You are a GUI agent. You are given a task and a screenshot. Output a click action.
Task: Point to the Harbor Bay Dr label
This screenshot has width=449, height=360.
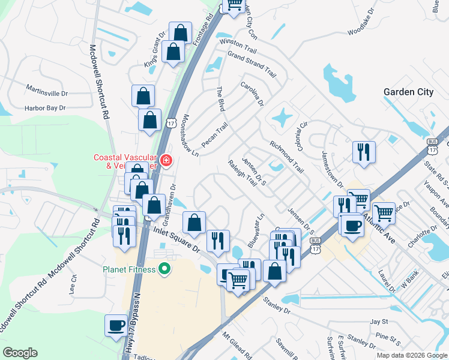pyautogui.click(x=44, y=109)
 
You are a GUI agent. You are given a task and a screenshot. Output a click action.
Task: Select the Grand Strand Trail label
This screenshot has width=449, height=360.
pyautogui.click(x=252, y=65)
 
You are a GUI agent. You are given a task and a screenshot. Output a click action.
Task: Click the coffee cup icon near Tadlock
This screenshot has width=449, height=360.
pyautogui.click(x=116, y=326)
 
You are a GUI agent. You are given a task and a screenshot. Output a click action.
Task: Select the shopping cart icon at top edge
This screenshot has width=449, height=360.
pyautogui.click(x=234, y=5)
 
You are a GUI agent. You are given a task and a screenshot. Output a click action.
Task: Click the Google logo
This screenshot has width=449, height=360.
pyautogui.click(x=20, y=353)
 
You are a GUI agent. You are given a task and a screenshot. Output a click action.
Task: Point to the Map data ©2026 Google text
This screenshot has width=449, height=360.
pyautogui.click(x=411, y=355)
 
